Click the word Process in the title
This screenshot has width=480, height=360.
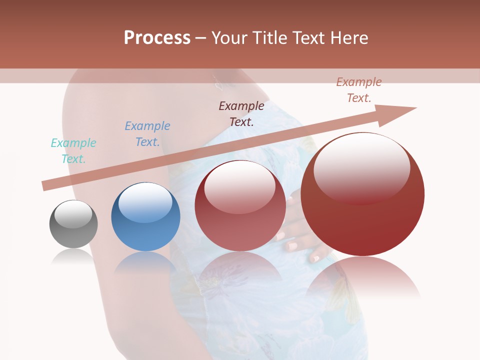(157, 38)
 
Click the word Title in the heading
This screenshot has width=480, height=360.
(266, 38)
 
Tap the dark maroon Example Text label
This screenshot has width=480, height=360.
(241, 113)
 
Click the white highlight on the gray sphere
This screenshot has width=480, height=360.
(73, 214)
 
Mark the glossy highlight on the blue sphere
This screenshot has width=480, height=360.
(145, 201)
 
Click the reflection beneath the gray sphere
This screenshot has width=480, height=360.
(73, 256)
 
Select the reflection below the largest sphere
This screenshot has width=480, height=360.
(363, 277)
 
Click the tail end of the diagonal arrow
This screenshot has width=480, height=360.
(45, 186)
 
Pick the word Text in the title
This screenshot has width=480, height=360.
(308, 38)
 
